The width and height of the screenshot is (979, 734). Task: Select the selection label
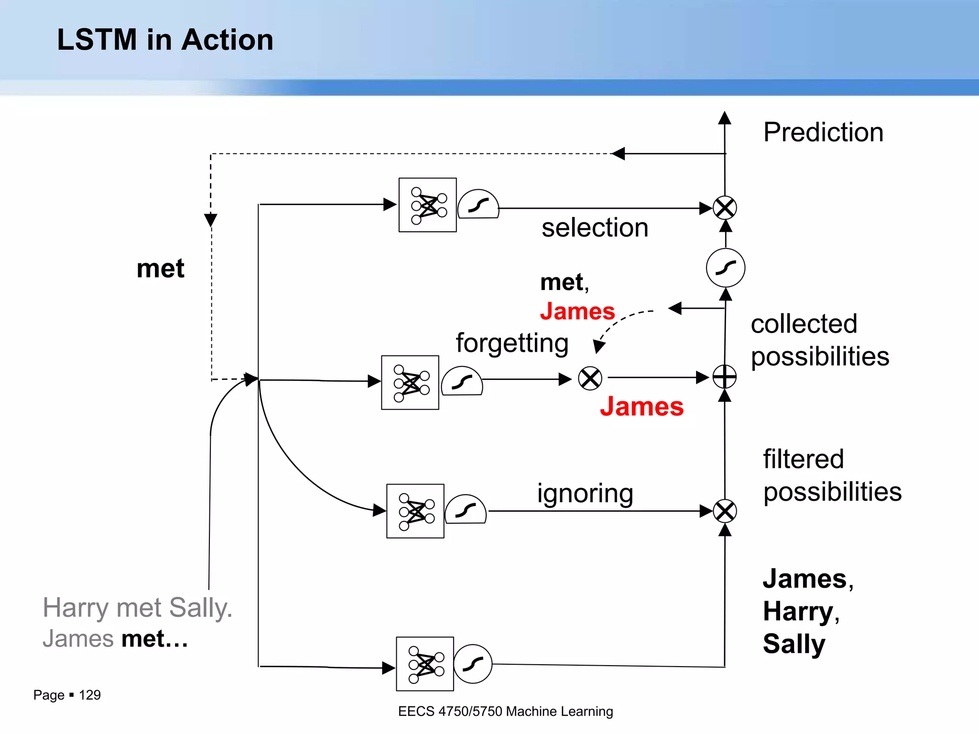[x=595, y=227]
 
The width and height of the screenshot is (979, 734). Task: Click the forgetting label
[x=512, y=343]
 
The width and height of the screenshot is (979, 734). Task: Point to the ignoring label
[x=585, y=493]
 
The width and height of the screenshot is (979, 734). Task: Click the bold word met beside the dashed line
[x=160, y=268]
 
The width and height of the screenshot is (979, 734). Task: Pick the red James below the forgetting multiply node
[x=642, y=407]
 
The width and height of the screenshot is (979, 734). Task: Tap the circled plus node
[x=725, y=377]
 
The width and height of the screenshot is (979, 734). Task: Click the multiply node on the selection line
[x=725, y=208]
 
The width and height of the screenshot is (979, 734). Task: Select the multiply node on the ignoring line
[x=725, y=511]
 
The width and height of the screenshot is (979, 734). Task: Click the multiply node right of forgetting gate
[x=590, y=378]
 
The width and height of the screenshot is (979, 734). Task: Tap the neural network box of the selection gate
[x=427, y=205]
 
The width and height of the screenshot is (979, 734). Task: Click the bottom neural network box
[x=424, y=664]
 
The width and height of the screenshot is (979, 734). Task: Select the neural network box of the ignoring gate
[x=415, y=511]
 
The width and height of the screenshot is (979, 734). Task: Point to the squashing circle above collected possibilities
[x=725, y=268]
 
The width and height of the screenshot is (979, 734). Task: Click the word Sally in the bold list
[x=794, y=644]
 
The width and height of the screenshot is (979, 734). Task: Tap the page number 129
[x=89, y=695]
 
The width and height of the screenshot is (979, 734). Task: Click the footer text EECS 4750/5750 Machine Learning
[x=505, y=711]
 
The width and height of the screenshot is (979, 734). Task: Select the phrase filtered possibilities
[x=832, y=475]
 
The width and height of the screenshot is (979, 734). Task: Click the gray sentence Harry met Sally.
[x=137, y=608]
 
